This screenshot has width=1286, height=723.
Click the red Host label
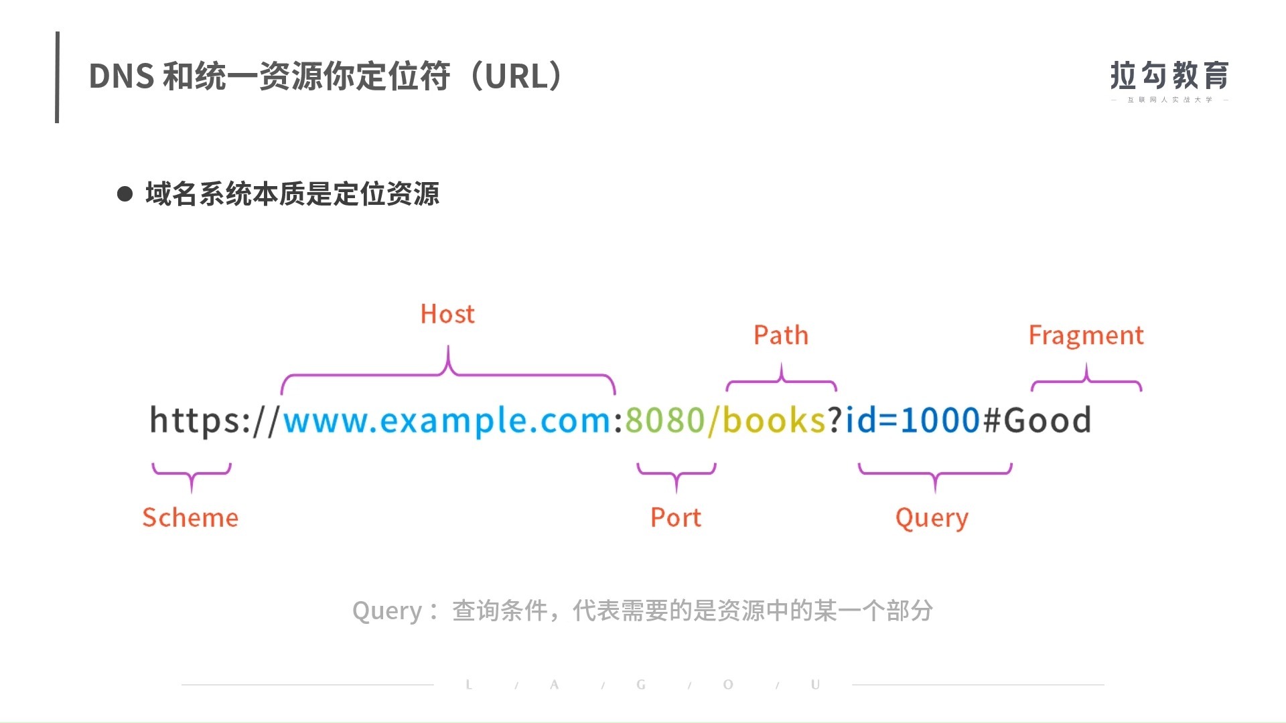point(447,314)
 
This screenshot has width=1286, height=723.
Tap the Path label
point(781,335)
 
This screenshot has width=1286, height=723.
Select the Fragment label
point(1086,335)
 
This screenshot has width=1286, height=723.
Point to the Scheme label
point(190,517)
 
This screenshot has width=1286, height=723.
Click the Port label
point(676,517)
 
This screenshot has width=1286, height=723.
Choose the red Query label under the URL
point(932,517)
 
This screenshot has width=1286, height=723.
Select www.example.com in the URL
point(447,420)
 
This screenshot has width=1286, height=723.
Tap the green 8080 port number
point(664,420)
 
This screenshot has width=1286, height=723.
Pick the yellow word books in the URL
point(774,420)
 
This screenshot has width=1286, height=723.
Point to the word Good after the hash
point(1048,420)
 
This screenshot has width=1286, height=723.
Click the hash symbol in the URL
point(991,420)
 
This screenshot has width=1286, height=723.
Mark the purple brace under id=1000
point(935,473)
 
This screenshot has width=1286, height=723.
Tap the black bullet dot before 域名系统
point(125,194)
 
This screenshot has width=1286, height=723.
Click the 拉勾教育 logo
point(1169,77)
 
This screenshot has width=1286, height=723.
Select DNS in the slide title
point(121,76)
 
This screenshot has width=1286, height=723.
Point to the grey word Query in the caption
point(386,611)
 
